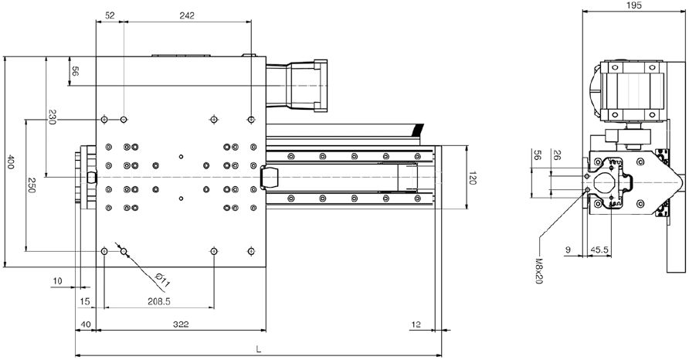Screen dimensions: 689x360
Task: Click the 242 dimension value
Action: click(187, 15)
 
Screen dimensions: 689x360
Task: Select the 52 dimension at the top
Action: click(110, 15)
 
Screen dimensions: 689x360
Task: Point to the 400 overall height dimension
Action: click(11, 161)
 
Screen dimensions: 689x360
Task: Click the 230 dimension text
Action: click(52, 117)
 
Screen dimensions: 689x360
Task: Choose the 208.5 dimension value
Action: click(158, 301)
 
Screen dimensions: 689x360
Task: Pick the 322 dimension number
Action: click(181, 324)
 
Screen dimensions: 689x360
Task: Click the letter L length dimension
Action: click(259, 349)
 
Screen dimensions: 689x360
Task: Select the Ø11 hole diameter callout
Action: click(162, 280)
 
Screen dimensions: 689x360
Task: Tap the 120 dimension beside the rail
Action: click(472, 178)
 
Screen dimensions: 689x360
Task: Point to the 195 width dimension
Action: click(634, 5)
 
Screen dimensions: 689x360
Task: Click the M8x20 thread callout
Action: click(538, 270)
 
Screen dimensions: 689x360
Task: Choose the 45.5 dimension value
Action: click(599, 250)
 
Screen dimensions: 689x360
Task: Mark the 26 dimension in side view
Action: click(556, 155)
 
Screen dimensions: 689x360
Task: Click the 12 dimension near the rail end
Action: click(416, 324)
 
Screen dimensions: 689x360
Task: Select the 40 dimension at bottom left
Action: click(86, 324)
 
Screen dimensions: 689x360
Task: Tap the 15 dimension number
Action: click(85, 301)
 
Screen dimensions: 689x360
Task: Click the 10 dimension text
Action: click(58, 281)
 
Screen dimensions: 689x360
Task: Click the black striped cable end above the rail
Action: click(417, 130)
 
